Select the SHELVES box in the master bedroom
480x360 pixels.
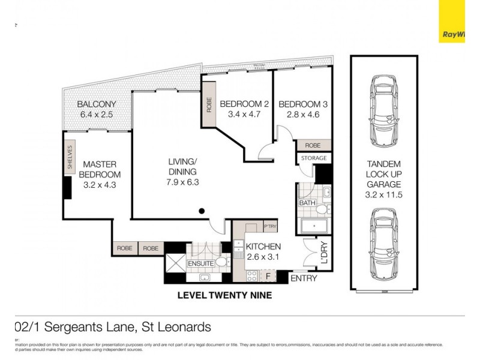[70, 158]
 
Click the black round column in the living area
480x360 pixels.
[202, 211]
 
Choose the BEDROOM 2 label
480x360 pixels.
[244, 104]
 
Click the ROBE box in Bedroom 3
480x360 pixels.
[313, 145]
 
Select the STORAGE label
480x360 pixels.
[313, 158]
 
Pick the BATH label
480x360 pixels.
[307, 202]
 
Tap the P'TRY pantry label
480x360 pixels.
[269, 226]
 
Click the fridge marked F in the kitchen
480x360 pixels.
[268, 277]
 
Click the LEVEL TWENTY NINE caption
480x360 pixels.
[225, 295]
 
